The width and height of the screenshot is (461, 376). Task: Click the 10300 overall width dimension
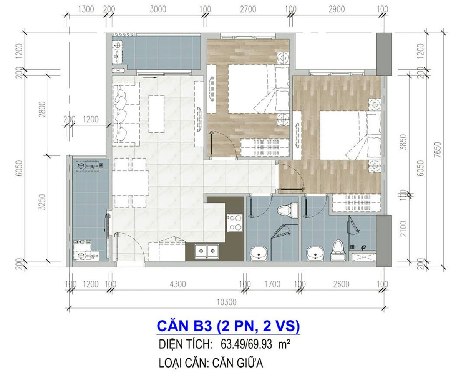227,302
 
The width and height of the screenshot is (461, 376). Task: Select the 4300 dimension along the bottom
178,284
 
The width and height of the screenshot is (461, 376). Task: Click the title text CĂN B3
184,326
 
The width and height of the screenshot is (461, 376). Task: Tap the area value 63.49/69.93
246,344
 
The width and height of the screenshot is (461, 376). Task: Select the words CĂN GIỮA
237,363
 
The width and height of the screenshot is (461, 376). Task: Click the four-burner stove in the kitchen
235,223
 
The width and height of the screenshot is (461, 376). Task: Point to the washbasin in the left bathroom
259,253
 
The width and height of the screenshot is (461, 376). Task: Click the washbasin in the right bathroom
315,253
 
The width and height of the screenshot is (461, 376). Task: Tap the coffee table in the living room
156,114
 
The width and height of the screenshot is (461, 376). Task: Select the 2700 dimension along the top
248,9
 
